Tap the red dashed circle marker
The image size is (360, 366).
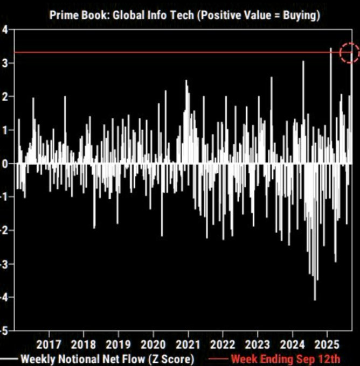pos(350,53)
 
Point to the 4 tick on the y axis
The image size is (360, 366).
pos(4,30)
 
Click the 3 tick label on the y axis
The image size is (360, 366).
pos(4,64)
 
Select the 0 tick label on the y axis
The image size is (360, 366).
pos(4,164)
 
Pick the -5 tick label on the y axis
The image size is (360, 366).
pos(3,330)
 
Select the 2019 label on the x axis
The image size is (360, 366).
pos(118,343)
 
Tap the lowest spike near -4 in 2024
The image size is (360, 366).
pos(315,299)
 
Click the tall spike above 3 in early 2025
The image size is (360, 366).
pos(331,50)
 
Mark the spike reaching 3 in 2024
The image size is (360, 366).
pos(303,62)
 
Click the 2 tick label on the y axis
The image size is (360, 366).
pos(4,97)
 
